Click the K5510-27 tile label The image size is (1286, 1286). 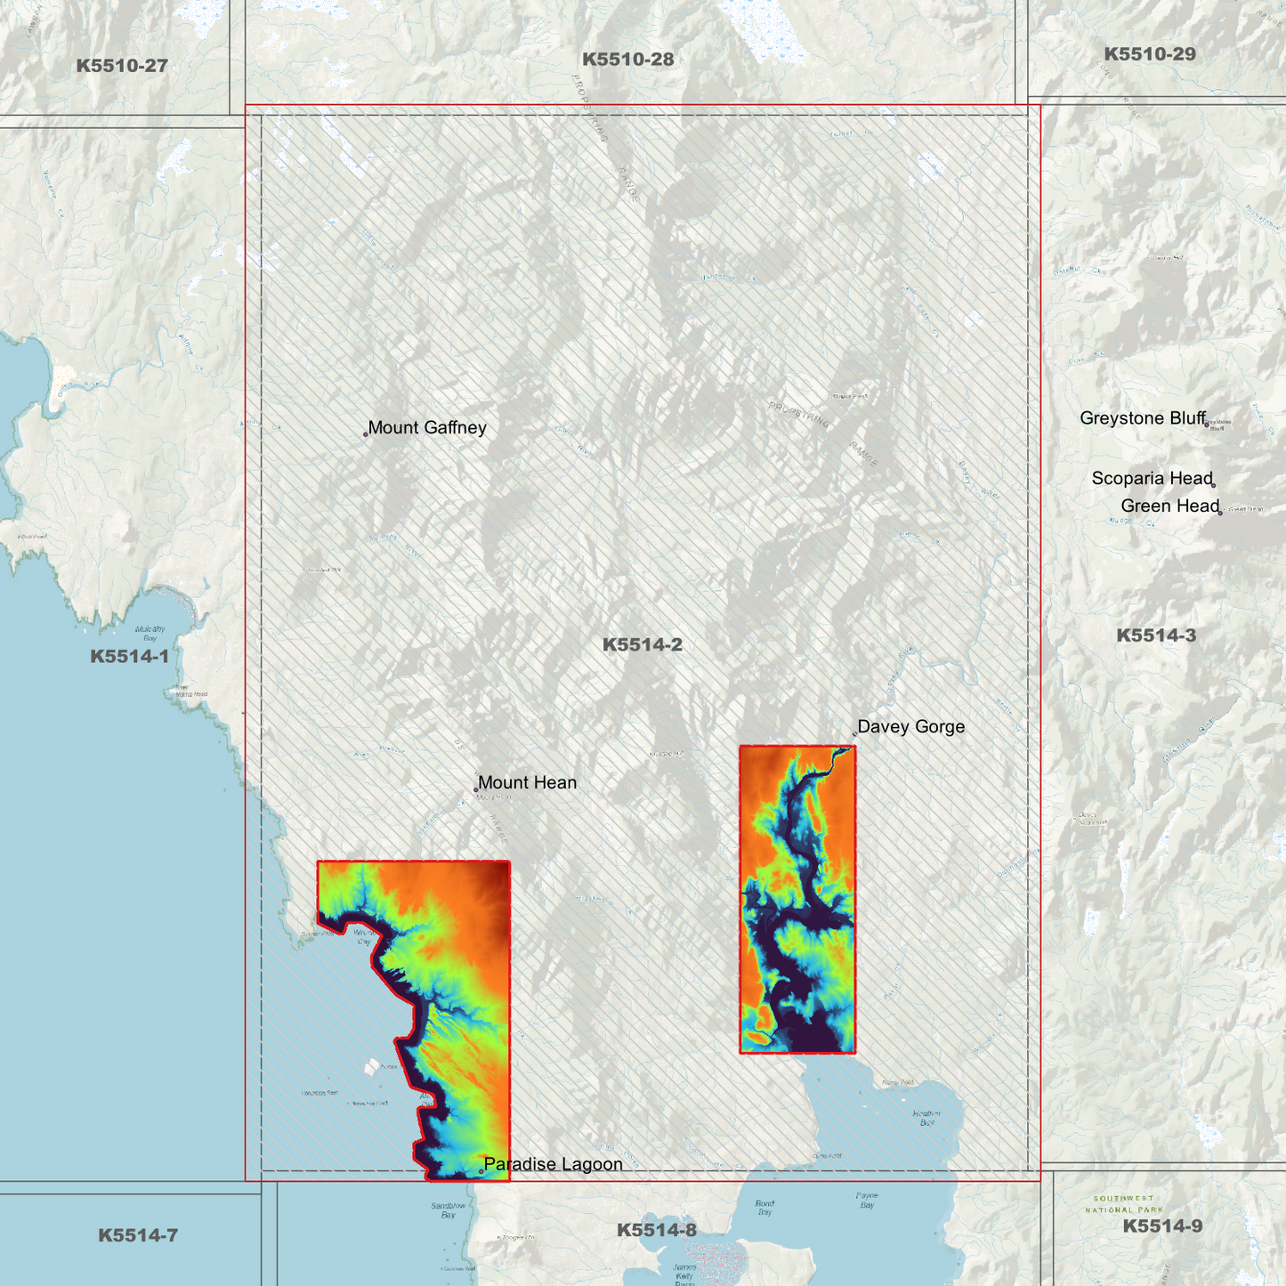tap(122, 66)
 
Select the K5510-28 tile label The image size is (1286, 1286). tap(628, 60)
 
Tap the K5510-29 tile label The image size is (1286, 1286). tap(1150, 54)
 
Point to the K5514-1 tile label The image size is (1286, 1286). tap(129, 657)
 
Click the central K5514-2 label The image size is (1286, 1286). tap(643, 645)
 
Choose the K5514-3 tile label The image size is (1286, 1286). tap(1156, 635)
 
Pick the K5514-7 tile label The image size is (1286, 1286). tap(138, 1235)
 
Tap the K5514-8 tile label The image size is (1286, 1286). tap(657, 1230)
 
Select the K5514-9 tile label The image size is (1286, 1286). tap(1162, 1226)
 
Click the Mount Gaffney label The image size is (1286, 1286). tap(427, 428)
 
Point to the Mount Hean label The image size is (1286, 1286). tap(527, 783)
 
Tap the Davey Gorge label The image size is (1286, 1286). tap(911, 727)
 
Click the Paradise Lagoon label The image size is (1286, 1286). tap(553, 1164)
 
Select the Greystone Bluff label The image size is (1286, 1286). tap(1143, 418)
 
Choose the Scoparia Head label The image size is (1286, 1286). tap(1153, 479)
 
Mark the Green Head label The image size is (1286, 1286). tap(1169, 506)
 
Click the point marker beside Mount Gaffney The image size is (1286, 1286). tap(366, 434)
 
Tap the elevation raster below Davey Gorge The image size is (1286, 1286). tap(797, 899)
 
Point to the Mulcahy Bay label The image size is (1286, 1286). tap(150, 633)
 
